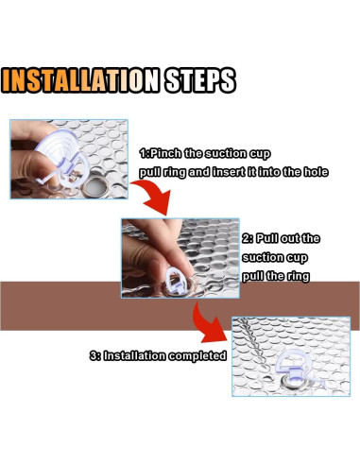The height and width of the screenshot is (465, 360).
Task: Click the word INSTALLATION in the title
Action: point(80,80)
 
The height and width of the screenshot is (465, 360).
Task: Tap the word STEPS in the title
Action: point(200,80)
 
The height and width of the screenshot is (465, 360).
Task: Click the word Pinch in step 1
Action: point(165,153)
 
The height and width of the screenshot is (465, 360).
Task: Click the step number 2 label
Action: point(246,238)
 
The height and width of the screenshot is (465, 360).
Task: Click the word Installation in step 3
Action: point(134,355)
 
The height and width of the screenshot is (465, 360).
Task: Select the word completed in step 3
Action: point(197,356)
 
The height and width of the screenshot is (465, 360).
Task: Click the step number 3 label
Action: point(94,355)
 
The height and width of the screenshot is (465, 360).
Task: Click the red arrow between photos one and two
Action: point(153,196)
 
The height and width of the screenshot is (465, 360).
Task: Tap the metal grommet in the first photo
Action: point(94,186)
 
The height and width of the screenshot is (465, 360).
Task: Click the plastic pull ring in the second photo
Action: point(177,280)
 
